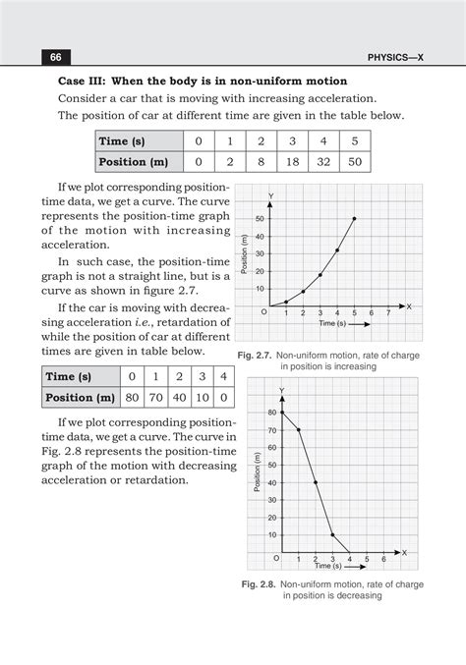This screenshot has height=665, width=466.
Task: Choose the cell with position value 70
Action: tap(155, 398)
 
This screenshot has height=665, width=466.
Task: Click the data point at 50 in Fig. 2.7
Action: tap(354, 218)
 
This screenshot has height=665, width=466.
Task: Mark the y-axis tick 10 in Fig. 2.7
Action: tap(260, 289)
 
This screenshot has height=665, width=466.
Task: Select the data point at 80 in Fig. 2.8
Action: tap(283, 412)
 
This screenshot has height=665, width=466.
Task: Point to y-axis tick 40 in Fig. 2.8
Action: tap(272, 482)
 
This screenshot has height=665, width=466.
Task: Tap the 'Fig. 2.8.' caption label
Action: tap(262, 584)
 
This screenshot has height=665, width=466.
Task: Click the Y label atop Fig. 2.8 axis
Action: tap(282, 391)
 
